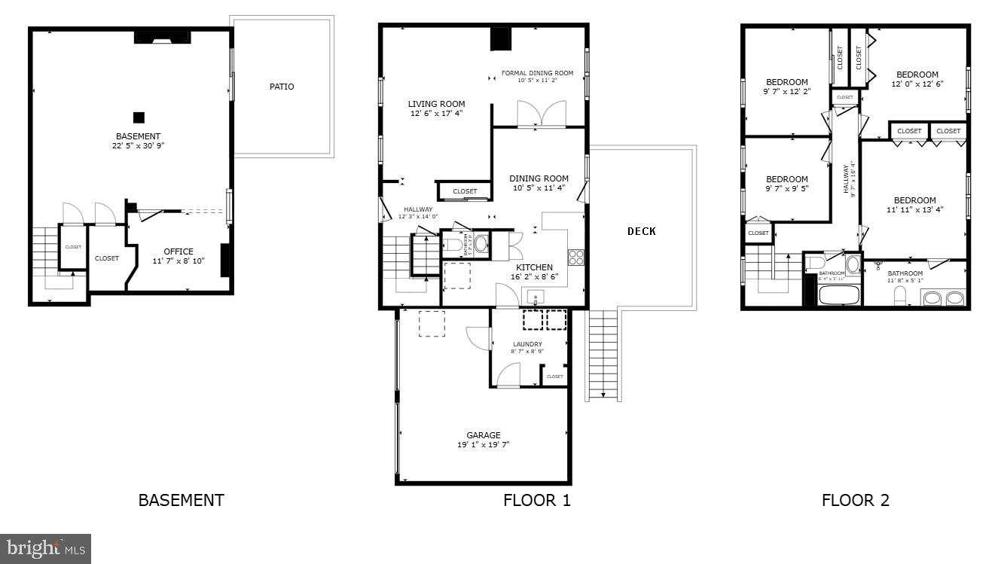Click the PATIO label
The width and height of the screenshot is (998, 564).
[282, 87]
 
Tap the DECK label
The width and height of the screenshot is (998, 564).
[641, 231]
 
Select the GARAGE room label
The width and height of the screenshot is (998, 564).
[483, 435]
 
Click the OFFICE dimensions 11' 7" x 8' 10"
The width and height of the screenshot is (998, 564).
[179, 261]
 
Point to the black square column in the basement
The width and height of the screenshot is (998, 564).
[139, 117]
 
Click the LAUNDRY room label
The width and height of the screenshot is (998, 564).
[527, 344]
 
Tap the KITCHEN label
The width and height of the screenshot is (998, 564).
[534, 267]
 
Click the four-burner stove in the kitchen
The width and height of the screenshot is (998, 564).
[576, 257]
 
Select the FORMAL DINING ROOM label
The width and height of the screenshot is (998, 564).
[537, 73]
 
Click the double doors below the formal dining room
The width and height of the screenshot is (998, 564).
[541, 114]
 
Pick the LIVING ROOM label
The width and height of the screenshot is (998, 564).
[436, 104]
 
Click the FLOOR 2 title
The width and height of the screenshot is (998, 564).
[855, 500]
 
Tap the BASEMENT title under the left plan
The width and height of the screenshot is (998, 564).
[181, 500]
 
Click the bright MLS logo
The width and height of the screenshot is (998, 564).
[45, 548]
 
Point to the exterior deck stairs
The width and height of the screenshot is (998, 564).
[603, 354]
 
